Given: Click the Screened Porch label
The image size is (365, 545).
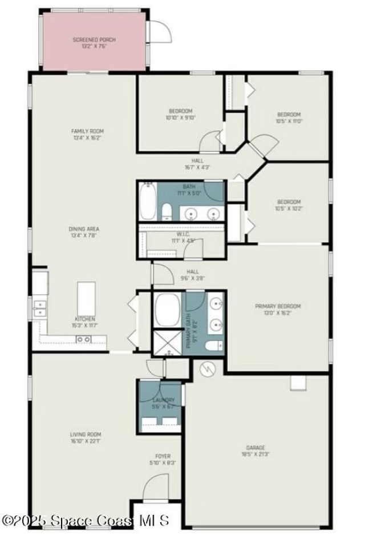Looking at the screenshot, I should [94, 43].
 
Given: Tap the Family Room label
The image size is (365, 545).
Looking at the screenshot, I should [87, 134].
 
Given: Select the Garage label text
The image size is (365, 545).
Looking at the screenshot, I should [255, 451].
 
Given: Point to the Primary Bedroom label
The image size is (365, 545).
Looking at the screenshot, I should [277, 309].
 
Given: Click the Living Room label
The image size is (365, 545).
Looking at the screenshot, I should [86, 437].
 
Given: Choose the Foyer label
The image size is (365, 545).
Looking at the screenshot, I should [164, 459].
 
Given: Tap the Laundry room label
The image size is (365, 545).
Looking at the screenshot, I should [163, 403].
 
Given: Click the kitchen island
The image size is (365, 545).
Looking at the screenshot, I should [86, 298].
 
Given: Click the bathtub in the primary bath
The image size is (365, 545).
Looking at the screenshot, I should [167, 310].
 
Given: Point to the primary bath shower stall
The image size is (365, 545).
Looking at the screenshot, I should [167, 343].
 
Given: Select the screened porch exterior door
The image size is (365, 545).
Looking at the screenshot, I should [160, 31].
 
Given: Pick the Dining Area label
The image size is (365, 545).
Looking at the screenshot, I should [84, 232].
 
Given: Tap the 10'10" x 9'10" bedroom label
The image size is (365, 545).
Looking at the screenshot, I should [180, 114].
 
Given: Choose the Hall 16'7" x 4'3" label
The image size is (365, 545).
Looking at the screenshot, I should [197, 164].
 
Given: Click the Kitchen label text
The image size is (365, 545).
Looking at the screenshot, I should [85, 322].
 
